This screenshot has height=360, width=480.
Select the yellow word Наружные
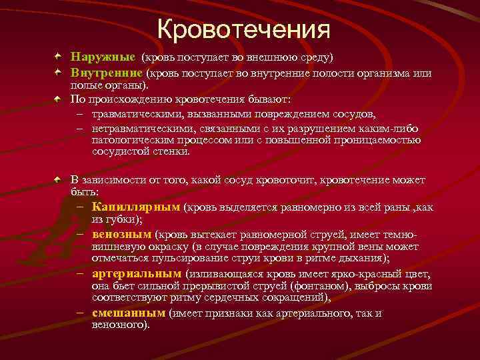click(x=103, y=58)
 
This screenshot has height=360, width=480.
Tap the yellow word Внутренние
click(x=107, y=73)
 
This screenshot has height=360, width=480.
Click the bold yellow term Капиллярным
click(x=137, y=207)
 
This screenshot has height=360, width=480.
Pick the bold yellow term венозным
click(x=122, y=235)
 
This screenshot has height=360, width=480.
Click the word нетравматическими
click(x=137, y=127)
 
